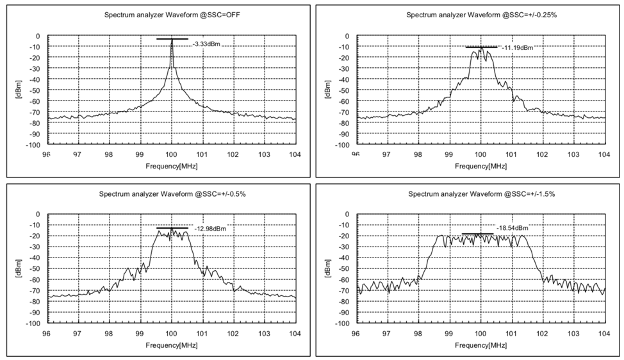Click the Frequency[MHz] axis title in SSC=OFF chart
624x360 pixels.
tap(171, 166)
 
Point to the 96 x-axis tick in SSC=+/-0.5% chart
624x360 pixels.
tap(47, 334)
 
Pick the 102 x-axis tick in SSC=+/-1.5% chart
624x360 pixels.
tap(541, 334)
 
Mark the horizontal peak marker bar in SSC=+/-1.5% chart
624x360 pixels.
tap(478, 234)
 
